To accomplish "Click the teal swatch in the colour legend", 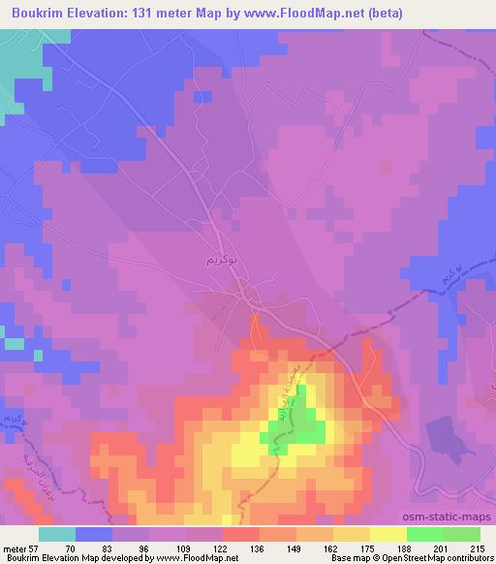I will point(57,534).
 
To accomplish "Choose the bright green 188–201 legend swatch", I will point(424,534).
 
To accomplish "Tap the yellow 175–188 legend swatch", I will point(387,534).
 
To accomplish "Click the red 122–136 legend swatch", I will point(240,534).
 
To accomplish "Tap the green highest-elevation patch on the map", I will point(304,417).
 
